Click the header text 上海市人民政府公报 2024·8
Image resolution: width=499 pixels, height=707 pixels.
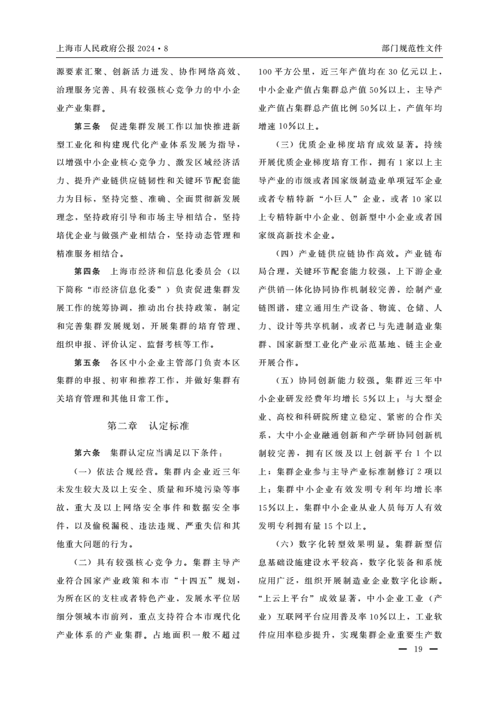click(x=111, y=47)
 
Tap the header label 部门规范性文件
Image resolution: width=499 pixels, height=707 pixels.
click(x=412, y=47)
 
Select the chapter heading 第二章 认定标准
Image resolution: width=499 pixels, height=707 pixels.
click(x=148, y=425)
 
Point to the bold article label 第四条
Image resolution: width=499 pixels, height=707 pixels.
click(x=87, y=272)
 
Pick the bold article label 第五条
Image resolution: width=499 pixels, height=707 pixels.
click(x=87, y=364)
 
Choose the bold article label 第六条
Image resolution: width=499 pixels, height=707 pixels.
click(x=87, y=452)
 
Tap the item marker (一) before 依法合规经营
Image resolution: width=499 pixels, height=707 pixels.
click(x=84, y=471)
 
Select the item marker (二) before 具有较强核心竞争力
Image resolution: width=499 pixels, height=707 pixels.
click(x=84, y=562)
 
